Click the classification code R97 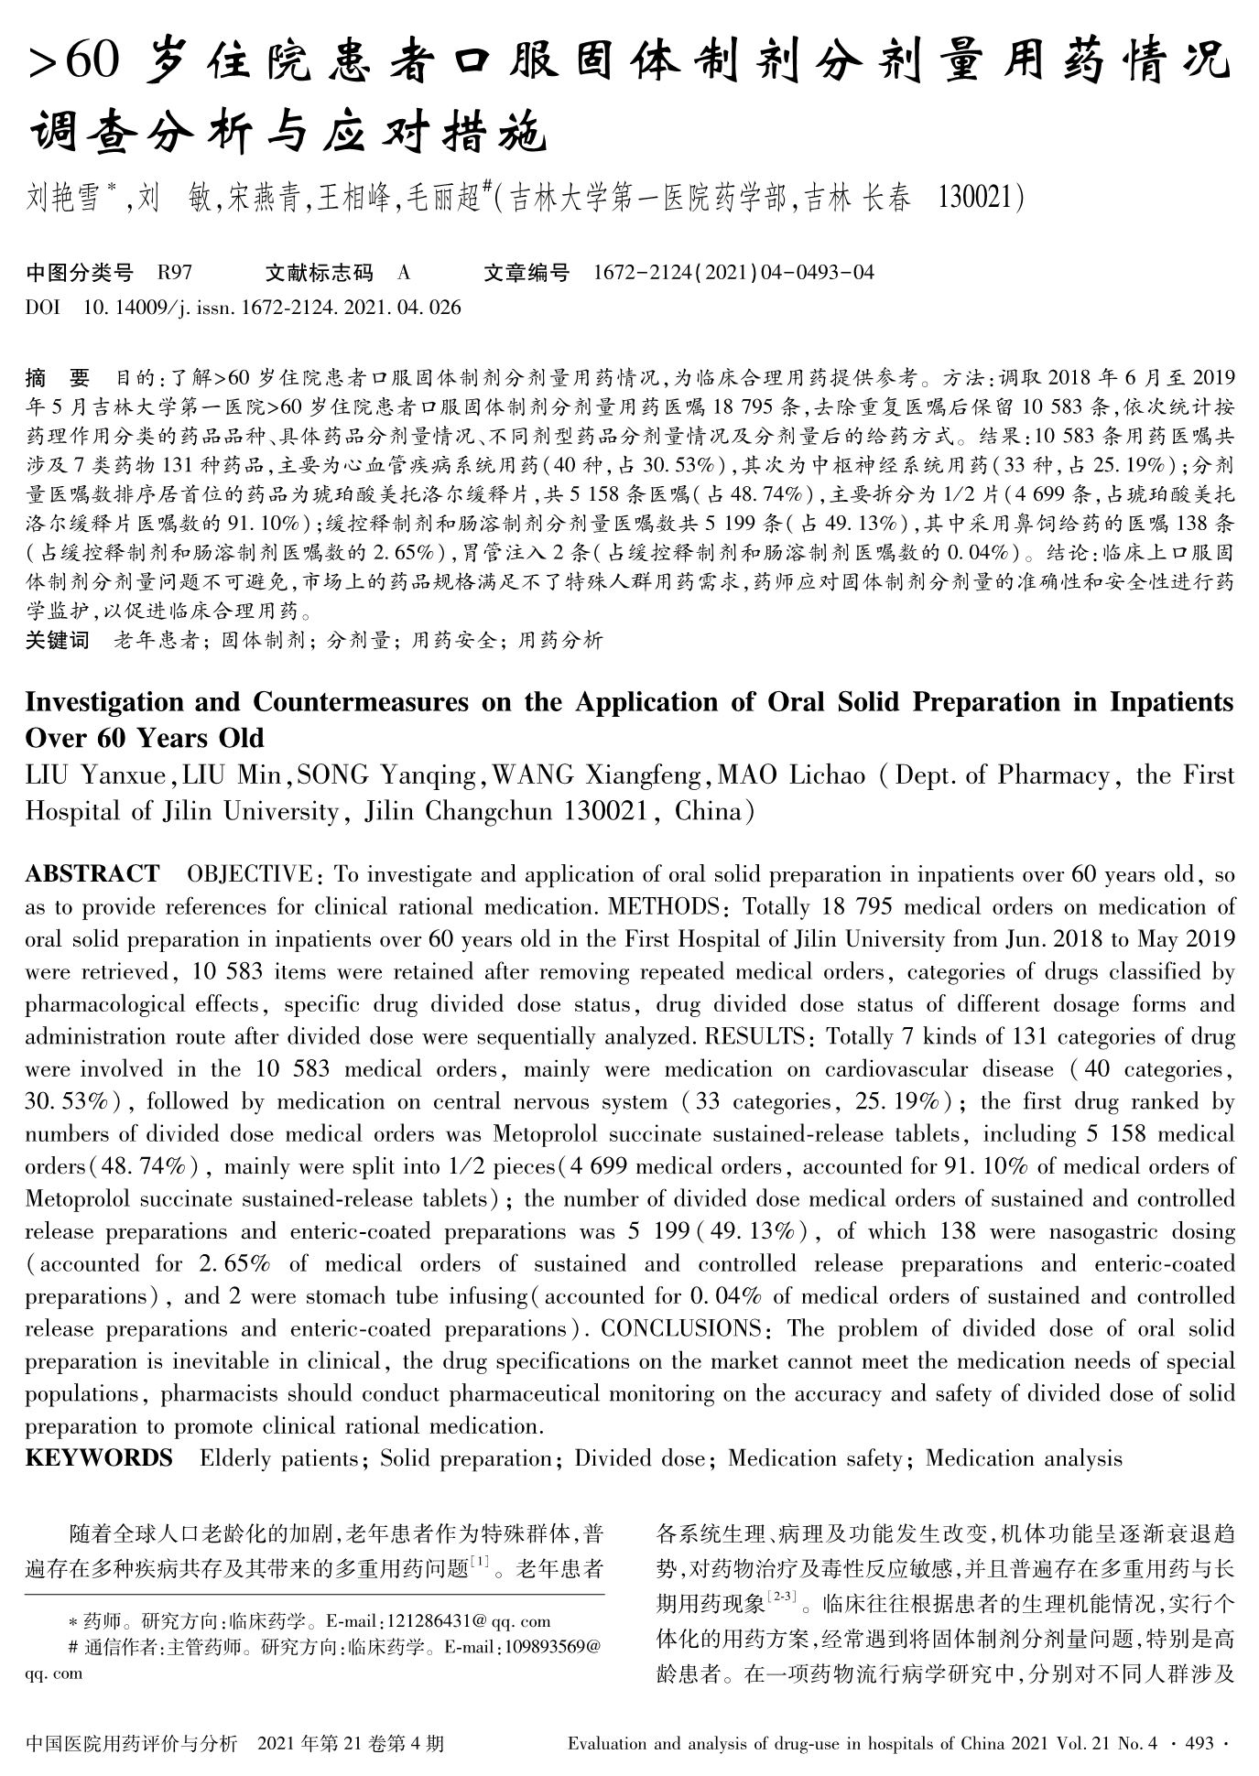point(174,272)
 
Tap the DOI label point(43,307)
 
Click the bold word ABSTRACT point(92,874)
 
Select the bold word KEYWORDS point(99,1458)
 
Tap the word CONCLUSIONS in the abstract point(679,1328)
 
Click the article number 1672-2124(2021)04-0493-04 point(733,272)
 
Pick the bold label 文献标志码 point(319,272)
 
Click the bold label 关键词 point(57,640)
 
